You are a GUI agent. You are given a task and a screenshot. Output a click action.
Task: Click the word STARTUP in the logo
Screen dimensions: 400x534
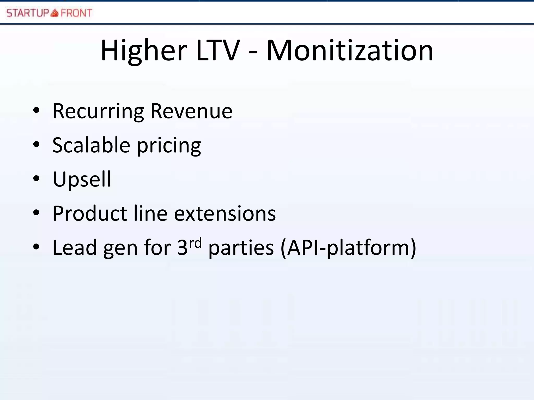(28, 13)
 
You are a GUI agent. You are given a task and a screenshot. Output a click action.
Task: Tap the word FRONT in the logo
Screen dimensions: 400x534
(76, 13)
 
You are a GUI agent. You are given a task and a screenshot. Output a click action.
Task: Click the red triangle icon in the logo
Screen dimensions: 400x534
(54, 13)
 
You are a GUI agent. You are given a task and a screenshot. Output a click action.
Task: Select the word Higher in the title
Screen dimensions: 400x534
(144, 51)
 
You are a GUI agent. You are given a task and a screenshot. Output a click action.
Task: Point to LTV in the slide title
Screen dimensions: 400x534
(218, 51)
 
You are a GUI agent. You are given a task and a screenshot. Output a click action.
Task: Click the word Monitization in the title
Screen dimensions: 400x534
(350, 51)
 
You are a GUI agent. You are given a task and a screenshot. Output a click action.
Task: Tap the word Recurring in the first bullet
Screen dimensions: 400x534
(98, 111)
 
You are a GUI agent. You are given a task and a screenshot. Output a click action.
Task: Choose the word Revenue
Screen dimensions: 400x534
(191, 111)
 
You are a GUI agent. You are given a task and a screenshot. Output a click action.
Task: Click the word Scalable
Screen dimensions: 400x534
(91, 145)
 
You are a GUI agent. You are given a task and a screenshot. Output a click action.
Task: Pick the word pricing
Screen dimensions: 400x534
(169, 146)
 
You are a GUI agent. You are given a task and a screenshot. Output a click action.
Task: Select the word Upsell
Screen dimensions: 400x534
(82, 180)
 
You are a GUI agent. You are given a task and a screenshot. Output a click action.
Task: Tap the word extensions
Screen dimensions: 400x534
(225, 214)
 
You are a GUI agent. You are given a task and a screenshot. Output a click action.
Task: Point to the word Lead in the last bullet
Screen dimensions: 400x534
(75, 247)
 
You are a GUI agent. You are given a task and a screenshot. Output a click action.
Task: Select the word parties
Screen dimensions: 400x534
(241, 248)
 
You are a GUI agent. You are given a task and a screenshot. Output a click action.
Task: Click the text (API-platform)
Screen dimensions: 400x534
(348, 248)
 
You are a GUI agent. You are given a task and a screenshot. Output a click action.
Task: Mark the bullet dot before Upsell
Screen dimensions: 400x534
(36, 179)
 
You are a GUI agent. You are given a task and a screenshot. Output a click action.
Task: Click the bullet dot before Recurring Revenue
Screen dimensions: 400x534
(36, 110)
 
